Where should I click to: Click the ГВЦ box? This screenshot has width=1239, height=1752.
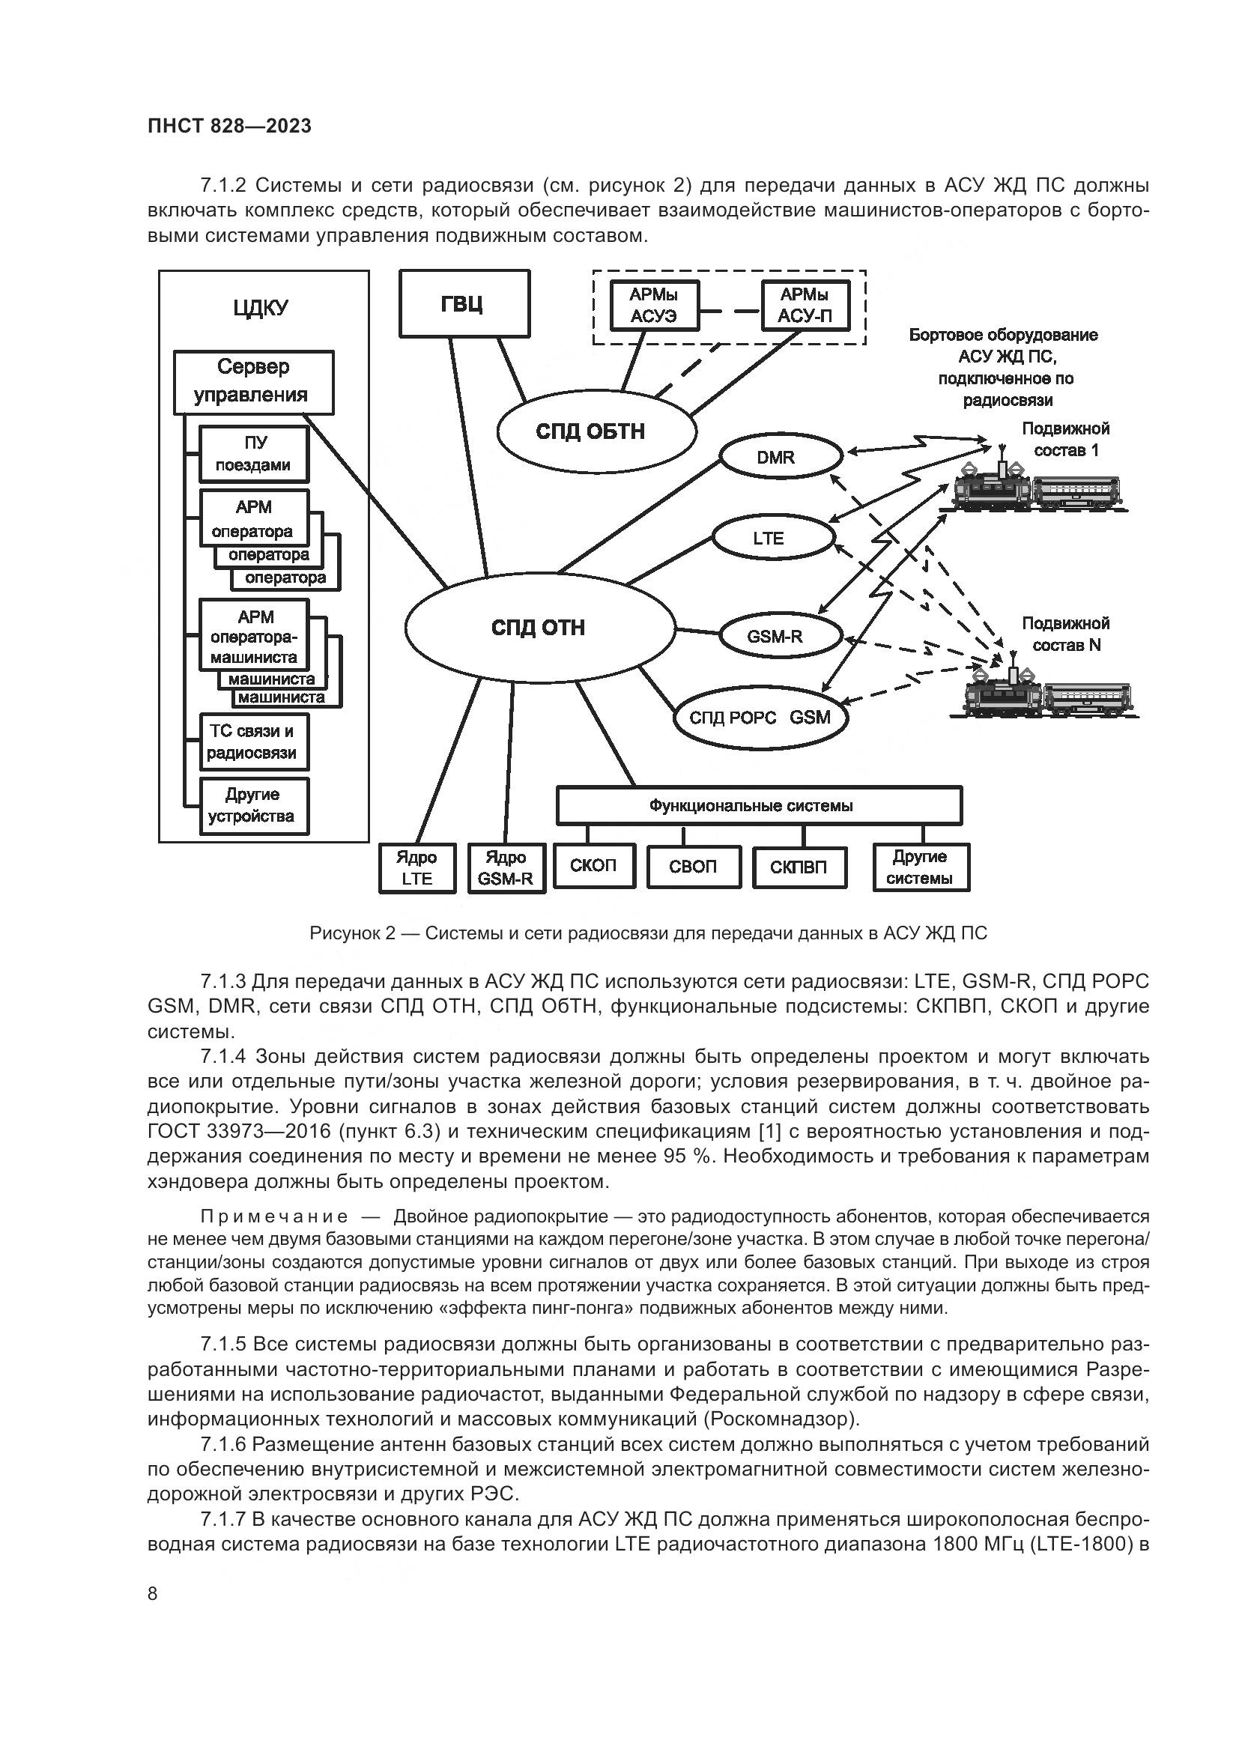pos(464,303)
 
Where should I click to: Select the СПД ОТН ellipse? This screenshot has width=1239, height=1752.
pos(539,627)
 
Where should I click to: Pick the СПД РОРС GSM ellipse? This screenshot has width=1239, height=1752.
pos(760,718)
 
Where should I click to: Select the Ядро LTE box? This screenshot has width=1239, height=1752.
pos(417,867)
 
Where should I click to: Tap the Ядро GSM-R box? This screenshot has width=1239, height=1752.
pos(506,867)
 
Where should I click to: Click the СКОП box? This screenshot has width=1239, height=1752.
pos(593,866)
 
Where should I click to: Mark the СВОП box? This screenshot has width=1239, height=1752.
pos(694,867)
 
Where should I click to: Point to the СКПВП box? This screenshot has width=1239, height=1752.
pos(799,867)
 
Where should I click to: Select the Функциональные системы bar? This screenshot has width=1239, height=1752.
pos(758,806)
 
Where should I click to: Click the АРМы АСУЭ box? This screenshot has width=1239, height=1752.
pos(654,305)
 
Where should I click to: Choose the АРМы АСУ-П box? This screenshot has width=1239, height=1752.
pos(806,305)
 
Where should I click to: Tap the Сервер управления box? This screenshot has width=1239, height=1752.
pos(254,381)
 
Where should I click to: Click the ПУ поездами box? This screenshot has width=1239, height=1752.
pos(254,454)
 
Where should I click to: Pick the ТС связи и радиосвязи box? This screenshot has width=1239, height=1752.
pos(254,742)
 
